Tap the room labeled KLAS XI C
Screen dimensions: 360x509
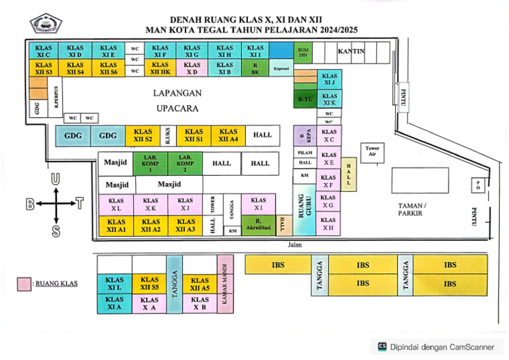tap(43, 51)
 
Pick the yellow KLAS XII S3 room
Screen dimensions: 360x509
tap(43, 68)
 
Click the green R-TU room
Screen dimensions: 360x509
tap(305, 99)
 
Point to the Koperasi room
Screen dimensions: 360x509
tap(281, 68)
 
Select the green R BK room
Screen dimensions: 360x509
tap(255, 68)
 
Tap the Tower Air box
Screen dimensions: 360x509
tap(372, 150)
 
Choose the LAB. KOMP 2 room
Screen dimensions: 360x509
tap(186, 162)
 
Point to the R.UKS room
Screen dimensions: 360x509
tap(168, 135)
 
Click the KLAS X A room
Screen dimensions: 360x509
tap(149, 303)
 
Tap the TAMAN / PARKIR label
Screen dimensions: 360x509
tap(414, 210)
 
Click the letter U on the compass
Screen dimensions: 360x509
tap(56, 178)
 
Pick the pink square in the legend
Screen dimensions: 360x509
tap(24, 284)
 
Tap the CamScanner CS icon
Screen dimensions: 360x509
tap(382, 345)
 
